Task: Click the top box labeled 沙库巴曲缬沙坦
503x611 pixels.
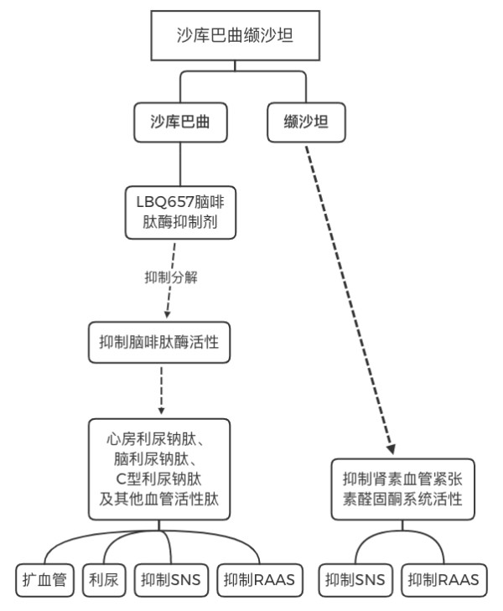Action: tap(236, 35)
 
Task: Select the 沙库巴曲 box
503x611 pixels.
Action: tap(180, 122)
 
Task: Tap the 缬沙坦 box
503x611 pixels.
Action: tap(306, 122)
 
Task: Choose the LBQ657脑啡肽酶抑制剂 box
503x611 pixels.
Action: tap(180, 212)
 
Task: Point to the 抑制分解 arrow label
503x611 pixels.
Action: tap(171, 277)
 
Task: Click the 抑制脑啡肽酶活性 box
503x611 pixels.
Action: tap(159, 343)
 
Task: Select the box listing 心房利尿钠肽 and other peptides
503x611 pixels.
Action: tap(159, 469)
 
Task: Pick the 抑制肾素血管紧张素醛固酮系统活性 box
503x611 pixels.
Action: tap(403, 489)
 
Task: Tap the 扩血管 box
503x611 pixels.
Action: tap(44, 580)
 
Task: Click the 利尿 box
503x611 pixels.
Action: tap(104, 580)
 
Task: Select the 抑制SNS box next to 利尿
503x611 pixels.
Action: tap(171, 580)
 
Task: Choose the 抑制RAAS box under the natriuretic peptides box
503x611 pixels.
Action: tap(260, 580)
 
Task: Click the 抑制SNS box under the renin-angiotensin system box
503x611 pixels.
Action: tap(355, 580)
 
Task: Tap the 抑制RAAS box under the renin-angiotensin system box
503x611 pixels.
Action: tap(443, 580)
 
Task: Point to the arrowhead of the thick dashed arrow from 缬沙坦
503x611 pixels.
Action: tap(392, 449)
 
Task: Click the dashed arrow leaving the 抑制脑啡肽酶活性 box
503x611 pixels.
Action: tap(161, 390)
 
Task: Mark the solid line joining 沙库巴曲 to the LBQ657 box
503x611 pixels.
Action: tap(180, 164)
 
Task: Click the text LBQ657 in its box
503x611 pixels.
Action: tap(165, 202)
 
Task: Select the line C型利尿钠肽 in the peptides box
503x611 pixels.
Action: tap(159, 479)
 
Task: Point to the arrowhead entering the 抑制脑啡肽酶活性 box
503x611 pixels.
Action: tap(167, 315)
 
